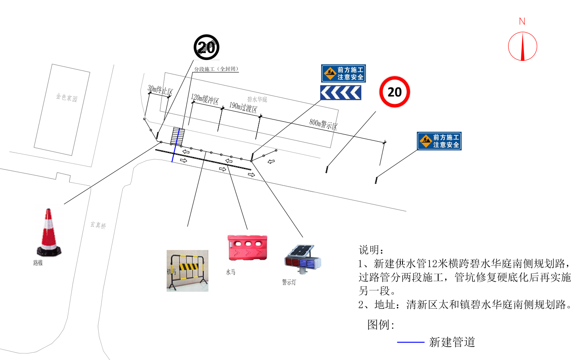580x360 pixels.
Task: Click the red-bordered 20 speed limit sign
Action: pyautogui.click(x=394, y=92)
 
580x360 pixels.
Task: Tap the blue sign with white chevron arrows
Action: pyautogui.click(x=341, y=93)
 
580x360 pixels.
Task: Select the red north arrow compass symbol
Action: pyautogui.click(x=523, y=46)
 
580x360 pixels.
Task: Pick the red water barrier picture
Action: pyautogui.click(x=247, y=247)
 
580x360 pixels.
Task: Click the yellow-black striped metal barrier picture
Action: pyautogui.click(x=188, y=270)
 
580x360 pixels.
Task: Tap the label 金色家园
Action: pyautogui.click(x=66, y=98)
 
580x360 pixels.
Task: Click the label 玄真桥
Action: pyautogui.click(x=98, y=225)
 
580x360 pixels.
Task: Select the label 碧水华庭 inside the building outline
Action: pyautogui.click(x=257, y=100)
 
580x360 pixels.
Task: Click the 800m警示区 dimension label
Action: pyautogui.click(x=323, y=125)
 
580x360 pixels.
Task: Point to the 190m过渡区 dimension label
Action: pyautogui.click(x=243, y=107)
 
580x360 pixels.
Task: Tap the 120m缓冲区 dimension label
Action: pyautogui.click(x=205, y=100)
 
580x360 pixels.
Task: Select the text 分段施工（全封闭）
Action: pyautogui.click(x=216, y=69)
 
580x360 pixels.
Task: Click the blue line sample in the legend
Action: pyautogui.click(x=410, y=343)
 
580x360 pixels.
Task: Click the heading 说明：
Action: pyautogui.click(x=371, y=250)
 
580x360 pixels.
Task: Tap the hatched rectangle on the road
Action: pyautogui.click(x=177, y=137)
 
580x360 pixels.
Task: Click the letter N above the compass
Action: pyautogui.click(x=522, y=21)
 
